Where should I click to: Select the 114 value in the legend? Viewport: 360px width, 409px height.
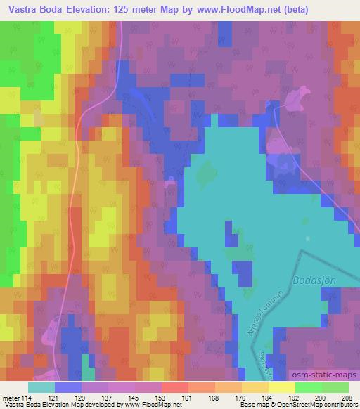coord(27,398)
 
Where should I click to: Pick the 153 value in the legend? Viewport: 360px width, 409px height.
coord(161,398)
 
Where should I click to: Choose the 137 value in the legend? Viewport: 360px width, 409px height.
coord(108,398)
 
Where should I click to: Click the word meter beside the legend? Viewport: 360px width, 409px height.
coord(11,398)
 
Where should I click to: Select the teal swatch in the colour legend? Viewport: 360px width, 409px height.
coord(41,387)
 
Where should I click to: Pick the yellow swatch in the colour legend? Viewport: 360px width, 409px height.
coord(282,387)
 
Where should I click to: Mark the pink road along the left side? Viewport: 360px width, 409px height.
coord(70,211)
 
